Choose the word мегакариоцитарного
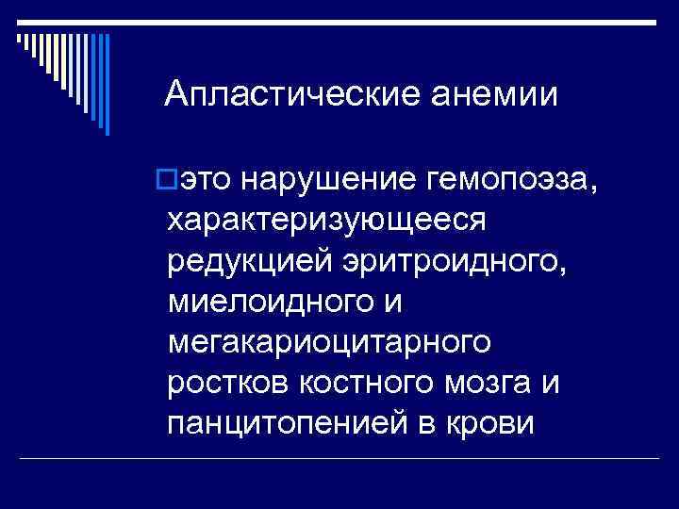[328, 343]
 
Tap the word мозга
[487, 384]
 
